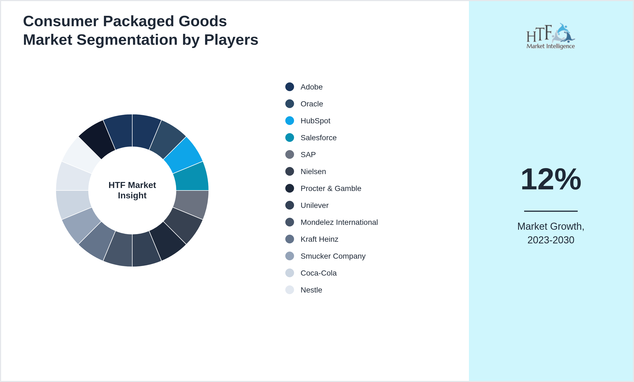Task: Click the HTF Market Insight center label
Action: [x=132, y=190]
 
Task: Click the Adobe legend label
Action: [x=312, y=87]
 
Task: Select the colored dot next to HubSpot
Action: [x=290, y=121]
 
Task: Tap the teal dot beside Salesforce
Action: [x=290, y=138]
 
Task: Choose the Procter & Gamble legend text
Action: [x=331, y=188]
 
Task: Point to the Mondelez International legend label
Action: [x=339, y=222]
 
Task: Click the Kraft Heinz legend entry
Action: [x=319, y=239]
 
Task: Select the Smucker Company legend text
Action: [x=333, y=256]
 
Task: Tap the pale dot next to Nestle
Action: [x=290, y=290]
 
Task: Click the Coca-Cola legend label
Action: [x=318, y=273]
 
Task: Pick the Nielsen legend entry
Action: [x=313, y=171]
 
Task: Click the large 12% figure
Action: [x=551, y=179]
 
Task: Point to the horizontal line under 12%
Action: [x=551, y=211]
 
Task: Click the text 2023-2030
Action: [x=551, y=240]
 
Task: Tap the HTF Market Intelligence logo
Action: [x=551, y=36]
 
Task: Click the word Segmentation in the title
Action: [x=127, y=40]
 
